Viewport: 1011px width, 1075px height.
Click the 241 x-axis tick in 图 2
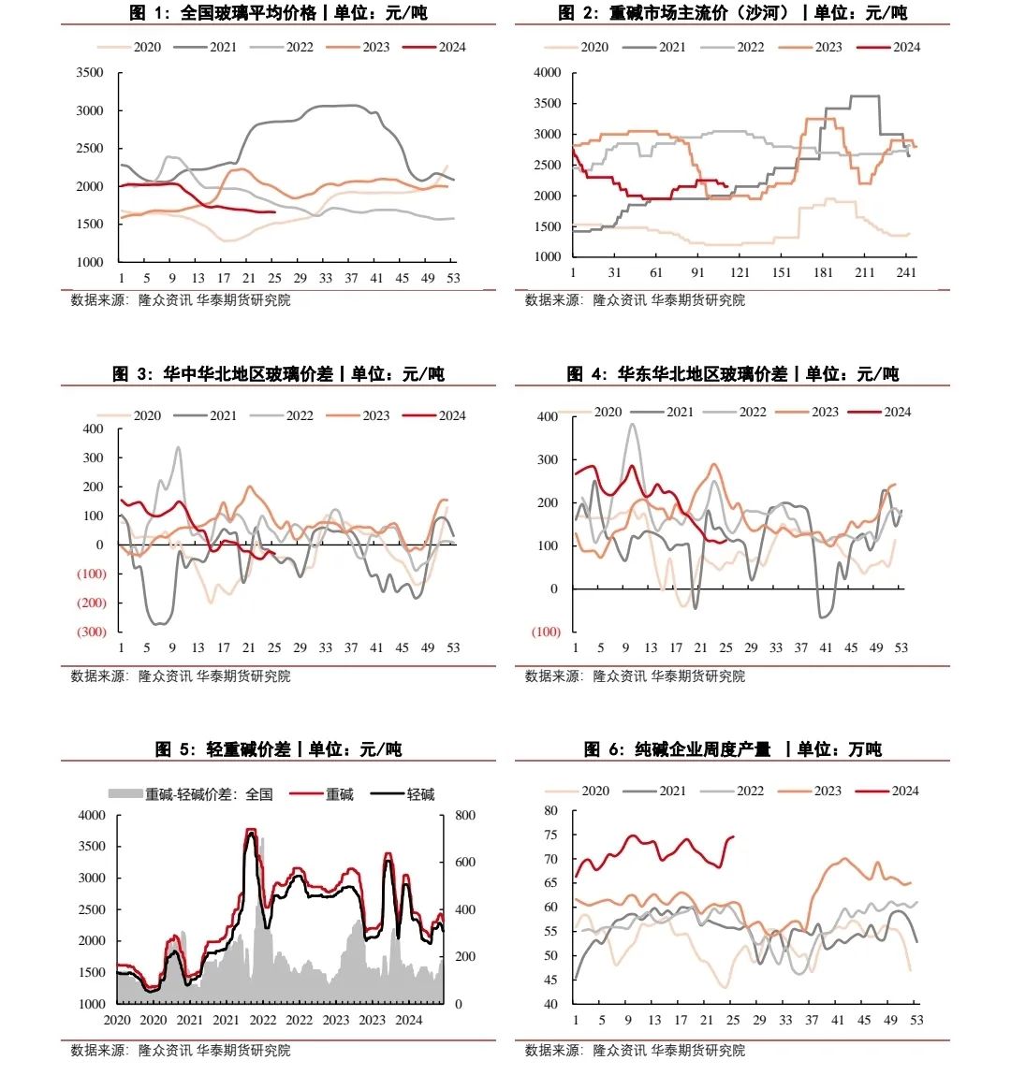pyautogui.click(x=905, y=272)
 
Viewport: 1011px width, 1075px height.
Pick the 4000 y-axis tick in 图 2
pyautogui.click(x=547, y=73)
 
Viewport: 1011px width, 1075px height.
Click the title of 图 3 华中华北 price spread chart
pyautogui.click(x=279, y=374)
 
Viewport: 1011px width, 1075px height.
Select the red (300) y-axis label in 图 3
pyautogui.click(x=91, y=632)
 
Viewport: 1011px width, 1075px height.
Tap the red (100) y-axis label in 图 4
pyautogui.click(x=546, y=632)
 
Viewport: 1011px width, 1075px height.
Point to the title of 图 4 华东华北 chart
pyautogui.click(x=733, y=374)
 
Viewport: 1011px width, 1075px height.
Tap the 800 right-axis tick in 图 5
pyautogui.click(x=465, y=816)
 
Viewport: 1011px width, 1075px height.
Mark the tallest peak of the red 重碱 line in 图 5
pyautogui.click(x=250, y=829)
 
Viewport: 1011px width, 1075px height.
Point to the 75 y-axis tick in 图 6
pyautogui.click(x=550, y=835)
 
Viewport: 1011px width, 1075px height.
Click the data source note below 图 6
pyautogui.click(x=635, y=1051)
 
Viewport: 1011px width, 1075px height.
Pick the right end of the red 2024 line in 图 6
pyautogui.click(x=733, y=836)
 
